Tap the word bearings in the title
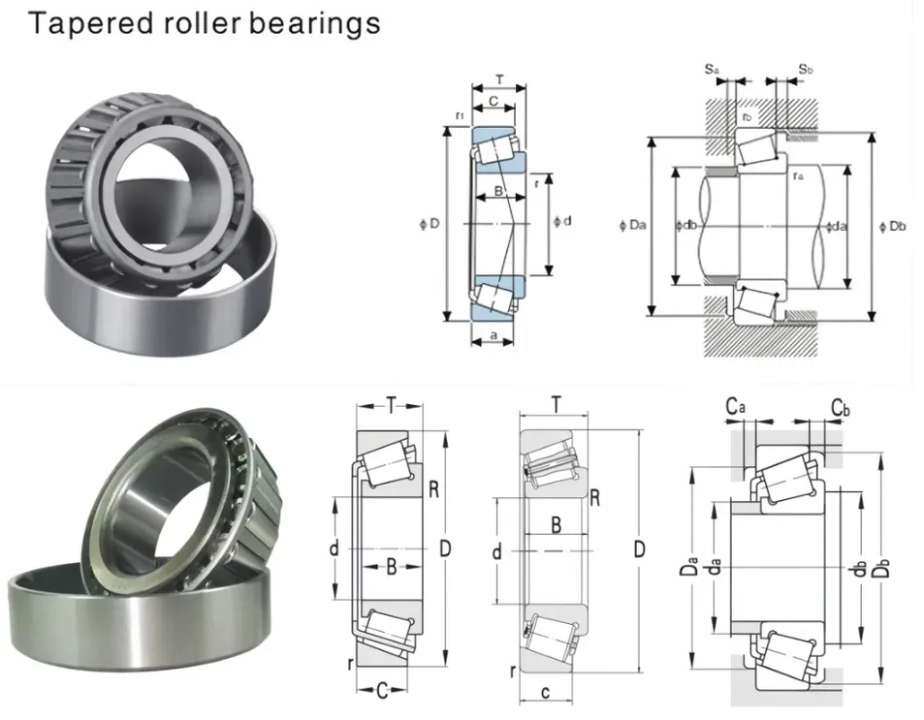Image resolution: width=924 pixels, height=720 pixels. click(315, 22)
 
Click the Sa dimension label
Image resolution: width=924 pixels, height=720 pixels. click(712, 69)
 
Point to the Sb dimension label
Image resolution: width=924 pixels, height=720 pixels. click(805, 69)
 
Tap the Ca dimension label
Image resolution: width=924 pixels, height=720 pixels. click(736, 407)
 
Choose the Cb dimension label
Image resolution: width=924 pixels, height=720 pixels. click(840, 407)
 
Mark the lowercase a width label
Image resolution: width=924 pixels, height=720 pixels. click(494, 335)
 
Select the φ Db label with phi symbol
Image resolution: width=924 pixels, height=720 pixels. click(892, 226)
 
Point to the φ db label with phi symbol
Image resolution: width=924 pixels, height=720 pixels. click(685, 226)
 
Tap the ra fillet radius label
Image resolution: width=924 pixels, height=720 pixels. click(797, 175)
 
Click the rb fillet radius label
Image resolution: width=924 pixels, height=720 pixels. click(747, 117)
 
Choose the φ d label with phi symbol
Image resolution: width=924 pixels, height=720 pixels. click(561, 221)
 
